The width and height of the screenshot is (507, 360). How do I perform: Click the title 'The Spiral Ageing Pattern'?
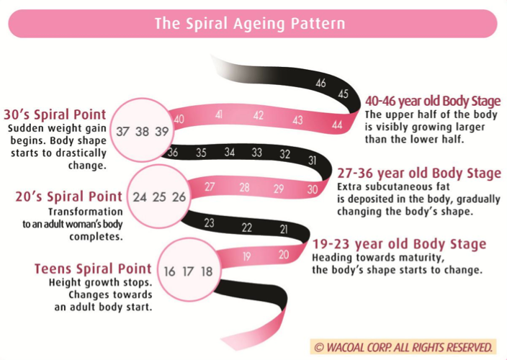pos(250,24)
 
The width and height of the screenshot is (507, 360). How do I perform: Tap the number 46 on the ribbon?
pos(320,83)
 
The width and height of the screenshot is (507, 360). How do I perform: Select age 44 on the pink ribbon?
pos(337,125)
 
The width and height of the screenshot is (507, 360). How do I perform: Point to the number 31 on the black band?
pos(312,161)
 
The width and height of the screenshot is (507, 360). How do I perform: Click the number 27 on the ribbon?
pos(210,186)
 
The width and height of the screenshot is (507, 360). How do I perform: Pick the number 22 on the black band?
pos(247,228)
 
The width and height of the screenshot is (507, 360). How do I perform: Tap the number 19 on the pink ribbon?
pos(247,256)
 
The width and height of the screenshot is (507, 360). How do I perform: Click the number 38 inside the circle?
pos(142,132)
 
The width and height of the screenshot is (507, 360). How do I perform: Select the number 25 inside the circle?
pos(159,197)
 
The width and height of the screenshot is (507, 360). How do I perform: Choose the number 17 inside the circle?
pos(188,271)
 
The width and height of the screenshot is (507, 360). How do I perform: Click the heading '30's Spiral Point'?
pos(55,114)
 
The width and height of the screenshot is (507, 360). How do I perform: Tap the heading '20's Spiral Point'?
pos(69,197)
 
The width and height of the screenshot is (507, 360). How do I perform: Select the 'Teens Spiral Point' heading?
pos(93,269)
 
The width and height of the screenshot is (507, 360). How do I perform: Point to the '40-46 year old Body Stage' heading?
pos(433,101)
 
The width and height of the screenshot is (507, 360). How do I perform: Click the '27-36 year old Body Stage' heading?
pos(419,174)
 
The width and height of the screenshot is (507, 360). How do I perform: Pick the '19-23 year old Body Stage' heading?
pos(399,244)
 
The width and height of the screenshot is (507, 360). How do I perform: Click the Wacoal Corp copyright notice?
pos(403,347)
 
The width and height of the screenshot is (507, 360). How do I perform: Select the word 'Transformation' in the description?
pos(86,212)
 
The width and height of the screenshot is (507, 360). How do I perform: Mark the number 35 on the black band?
pos(201,153)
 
